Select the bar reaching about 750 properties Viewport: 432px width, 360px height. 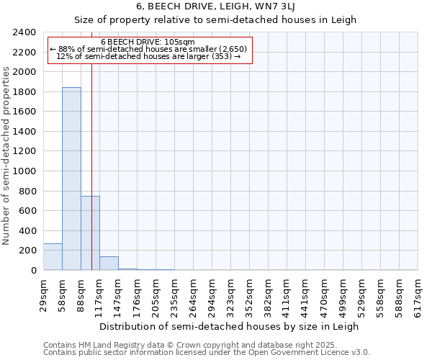(x=90, y=233)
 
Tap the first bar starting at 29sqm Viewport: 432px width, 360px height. (x=53, y=257)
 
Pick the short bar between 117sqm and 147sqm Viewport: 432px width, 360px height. (x=109, y=264)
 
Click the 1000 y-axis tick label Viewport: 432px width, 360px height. (x=25, y=171)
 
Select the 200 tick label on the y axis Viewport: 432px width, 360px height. (x=28, y=251)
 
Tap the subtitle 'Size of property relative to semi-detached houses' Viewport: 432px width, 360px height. (x=216, y=20)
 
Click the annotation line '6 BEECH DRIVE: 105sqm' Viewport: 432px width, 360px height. (x=148, y=42)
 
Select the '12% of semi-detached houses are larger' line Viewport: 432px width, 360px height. (x=148, y=56)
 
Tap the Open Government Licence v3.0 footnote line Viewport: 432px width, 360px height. (x=207, y=353)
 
